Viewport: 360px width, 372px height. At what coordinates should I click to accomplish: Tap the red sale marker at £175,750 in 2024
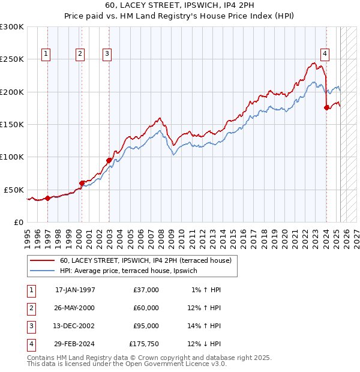click(x=326, y=108)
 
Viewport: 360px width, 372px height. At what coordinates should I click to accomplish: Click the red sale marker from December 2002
click(x=109, y=160)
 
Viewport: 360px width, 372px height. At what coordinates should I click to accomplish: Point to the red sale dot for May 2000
click(x=82, y=183)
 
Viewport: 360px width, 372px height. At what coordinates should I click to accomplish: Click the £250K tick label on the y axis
click(x=12, y=59)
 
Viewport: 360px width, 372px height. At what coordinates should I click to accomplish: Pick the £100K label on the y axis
click(x=12, y=157)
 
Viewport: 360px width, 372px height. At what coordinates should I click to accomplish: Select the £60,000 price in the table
click(x=146, y=308)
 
